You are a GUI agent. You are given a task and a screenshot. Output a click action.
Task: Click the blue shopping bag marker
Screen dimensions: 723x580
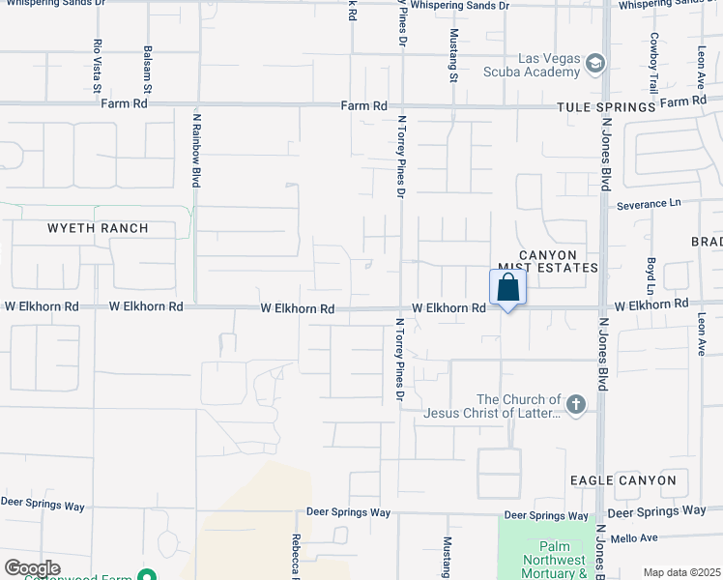tap(507, 287)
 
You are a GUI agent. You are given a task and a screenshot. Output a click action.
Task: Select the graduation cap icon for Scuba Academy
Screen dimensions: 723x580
tap(596, 64)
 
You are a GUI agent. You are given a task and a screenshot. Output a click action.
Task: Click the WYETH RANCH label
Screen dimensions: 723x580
tap(99, 228)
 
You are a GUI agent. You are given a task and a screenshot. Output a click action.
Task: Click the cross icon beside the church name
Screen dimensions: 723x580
tap(576, 405)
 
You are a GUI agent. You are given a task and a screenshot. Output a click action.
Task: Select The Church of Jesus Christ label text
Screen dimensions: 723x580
tap(519, 406)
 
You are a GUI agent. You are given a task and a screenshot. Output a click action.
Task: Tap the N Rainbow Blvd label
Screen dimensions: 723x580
tap(197, 149)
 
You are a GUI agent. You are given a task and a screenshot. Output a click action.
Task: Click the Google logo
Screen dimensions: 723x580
tap(32, 568)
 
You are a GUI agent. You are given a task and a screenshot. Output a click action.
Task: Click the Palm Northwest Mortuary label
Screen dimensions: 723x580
tap(554, 560)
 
